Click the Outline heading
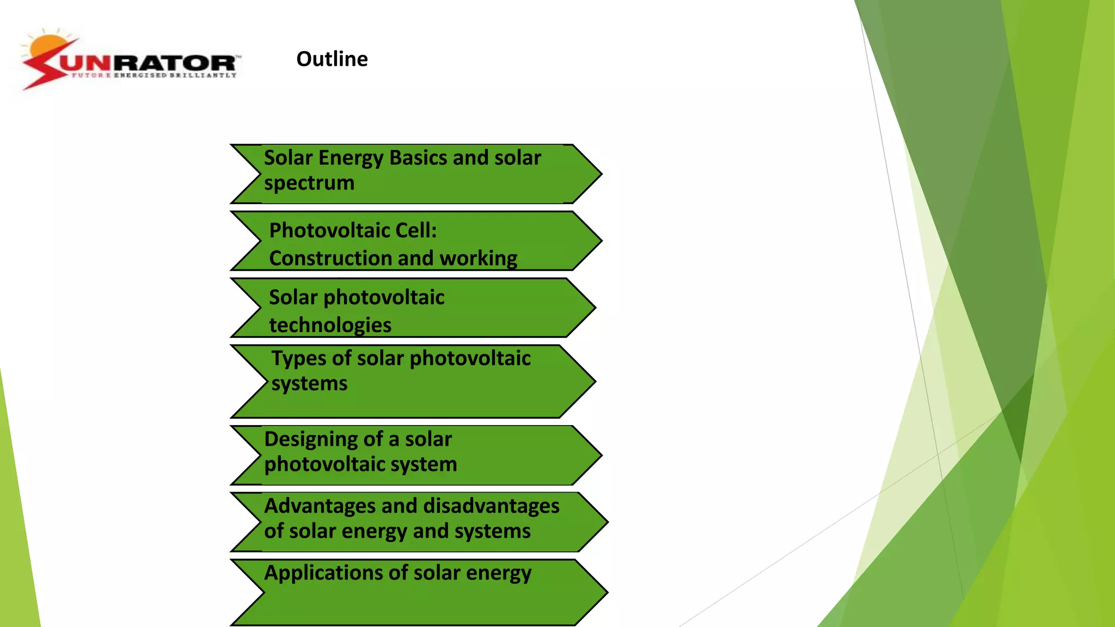(x=332, y=59)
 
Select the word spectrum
(x=309, y=183)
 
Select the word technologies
(x=330, y=325)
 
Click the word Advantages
(x=320, y=506)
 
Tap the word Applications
(x=323, y=573)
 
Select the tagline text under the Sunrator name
(x=154, y=75)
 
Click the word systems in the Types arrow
(x=309, y=384)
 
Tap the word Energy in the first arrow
(x=351, y=158)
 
